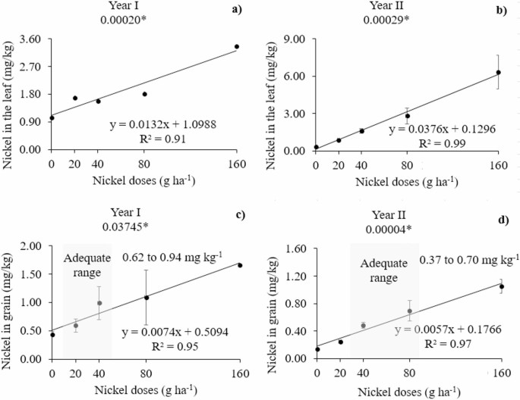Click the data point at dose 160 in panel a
[237, 47]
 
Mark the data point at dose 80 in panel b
[407, 116]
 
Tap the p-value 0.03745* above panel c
[144, 225]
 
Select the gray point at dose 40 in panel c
[99, 303]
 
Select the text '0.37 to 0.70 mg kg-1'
[469, 261]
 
